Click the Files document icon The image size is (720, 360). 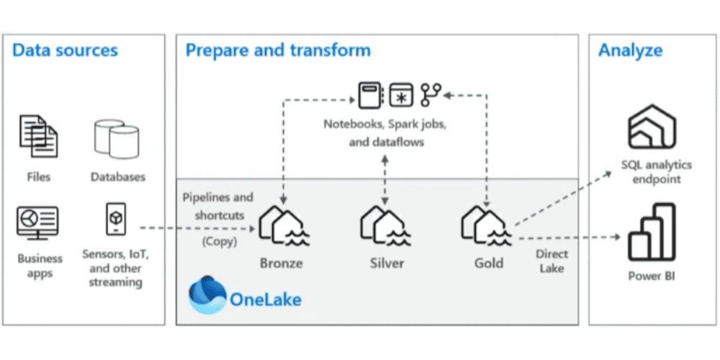(x=39, y=136)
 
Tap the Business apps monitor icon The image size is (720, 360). (x=37, y=222)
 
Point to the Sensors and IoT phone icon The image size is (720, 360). (x=116, y=219)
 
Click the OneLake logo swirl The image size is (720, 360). (x=207, y=294)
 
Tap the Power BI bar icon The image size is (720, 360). (x=652, y=233)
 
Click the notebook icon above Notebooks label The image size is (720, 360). (x=370, y=96)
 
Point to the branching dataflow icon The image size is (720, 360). (x=431, y=95)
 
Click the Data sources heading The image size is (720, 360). (x=66, y=50)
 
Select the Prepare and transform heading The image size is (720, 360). (x=278, y=50)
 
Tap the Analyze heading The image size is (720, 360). (x=630, y=50)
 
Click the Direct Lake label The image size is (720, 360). (x=552, y=261)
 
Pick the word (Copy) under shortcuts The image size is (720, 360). (x=220, y=241)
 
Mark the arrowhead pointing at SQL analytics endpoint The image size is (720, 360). (x=608, y=173)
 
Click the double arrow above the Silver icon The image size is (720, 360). (x=384, y=180)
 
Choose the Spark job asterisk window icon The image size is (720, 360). (x=401, y=96)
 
